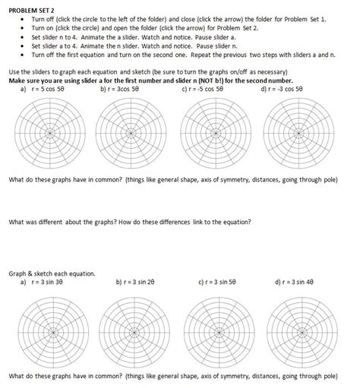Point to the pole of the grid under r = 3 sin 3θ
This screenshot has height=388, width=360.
46,330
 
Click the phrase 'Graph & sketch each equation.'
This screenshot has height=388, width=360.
52,273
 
